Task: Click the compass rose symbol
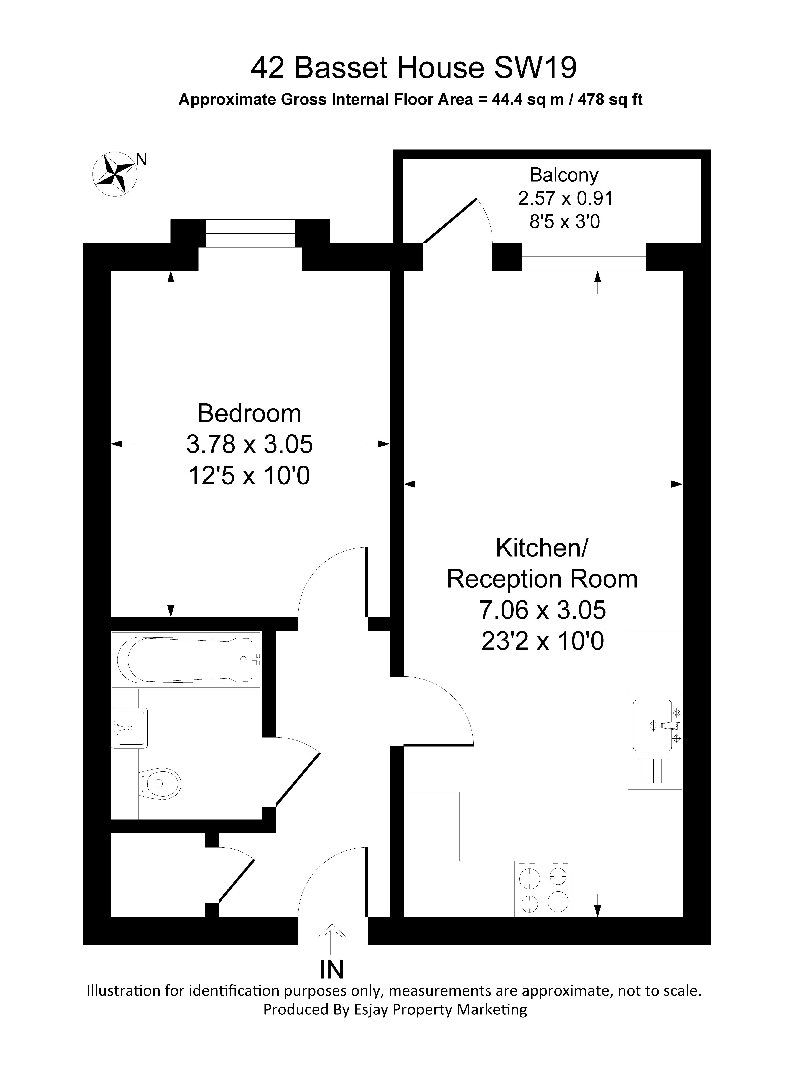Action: (115, 174)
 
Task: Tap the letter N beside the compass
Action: (141, 159)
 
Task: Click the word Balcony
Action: (564, 175)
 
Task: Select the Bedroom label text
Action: (249, 414)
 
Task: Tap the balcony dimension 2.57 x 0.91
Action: (566, 198)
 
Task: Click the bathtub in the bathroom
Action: (188, 660)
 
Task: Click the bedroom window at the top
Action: (250, 233)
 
